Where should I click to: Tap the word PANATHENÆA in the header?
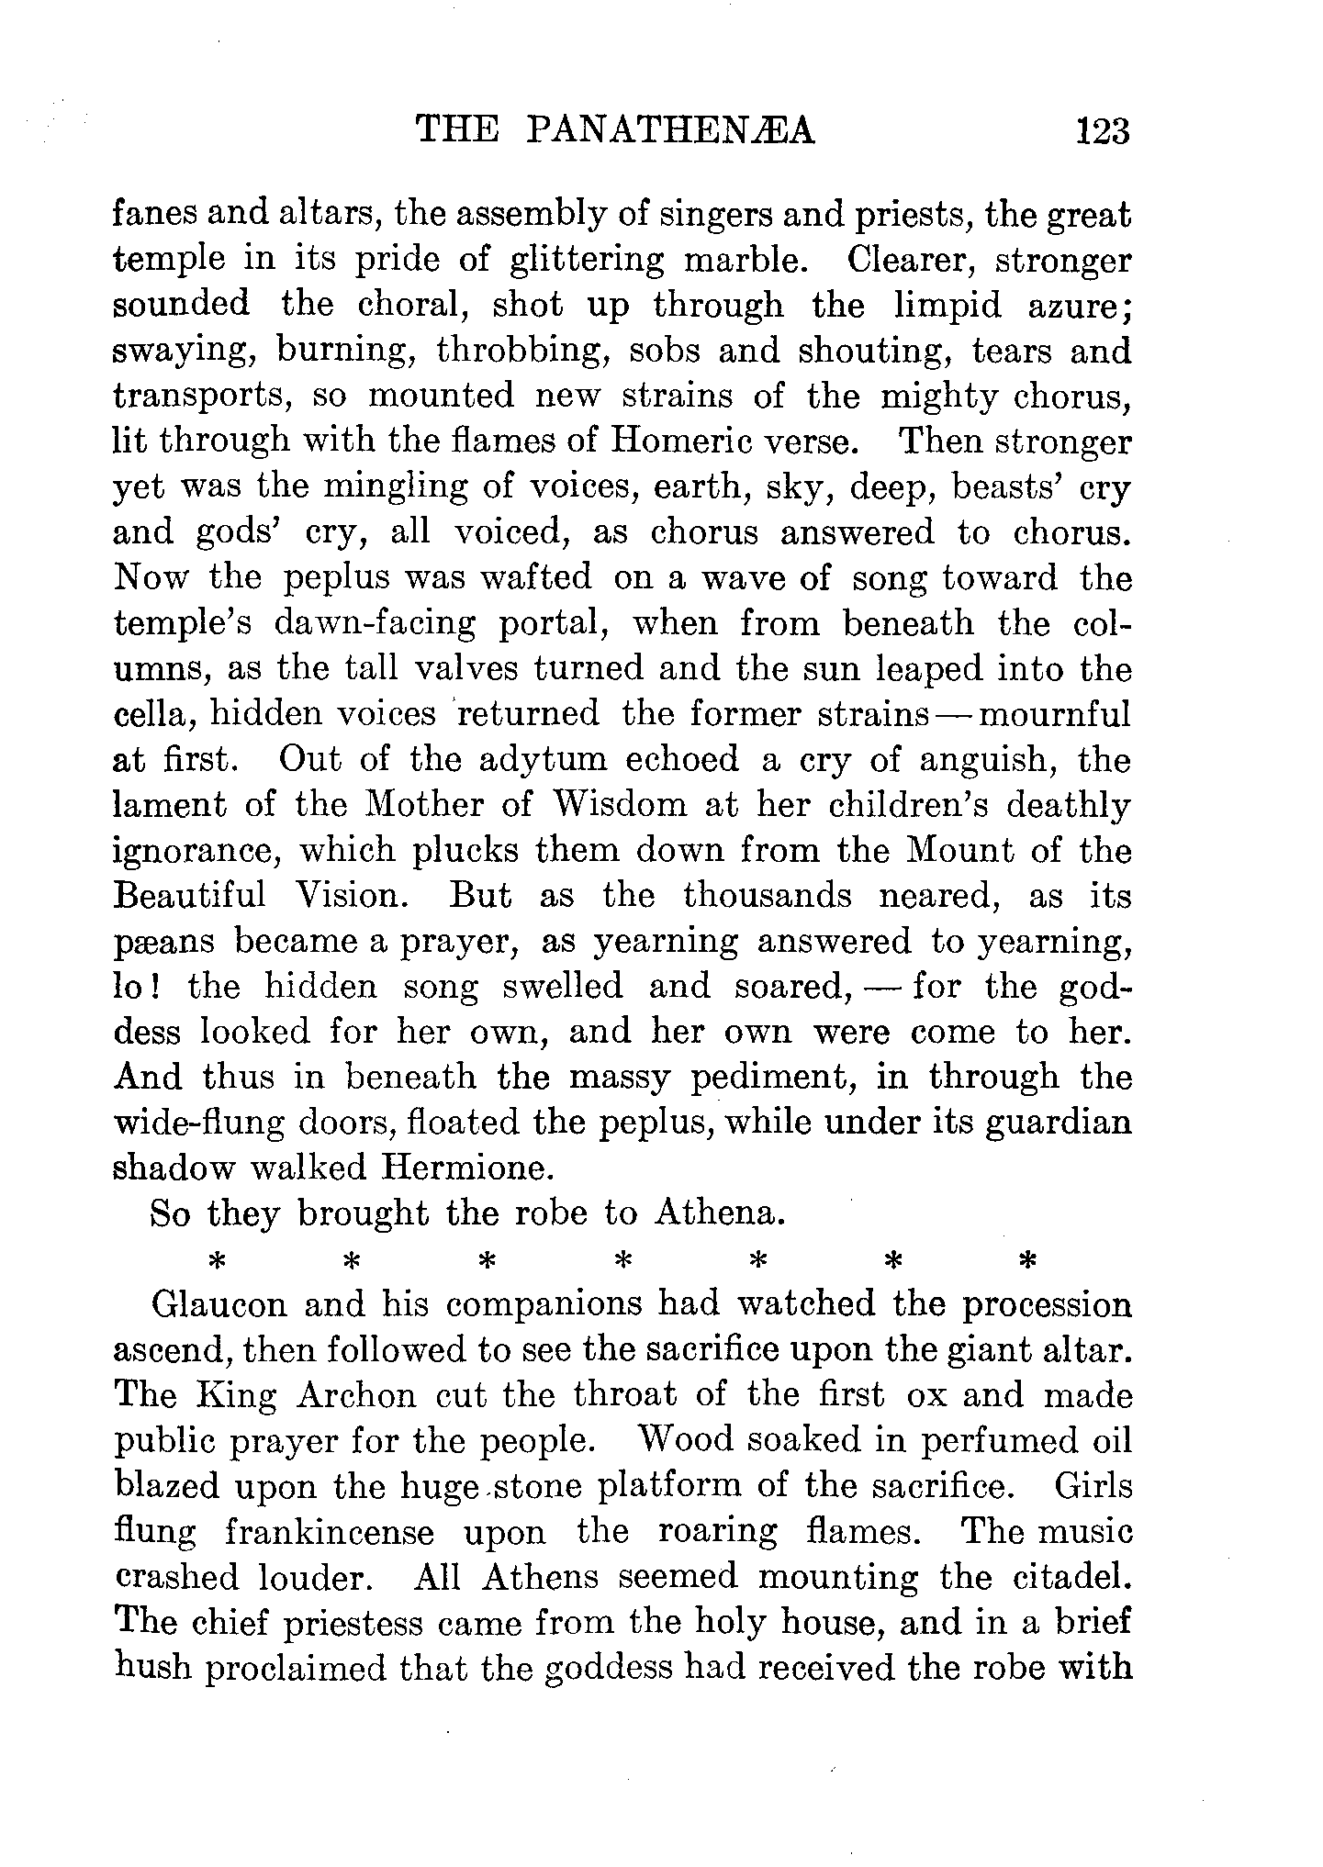pyautogui.click(x=671, y=131)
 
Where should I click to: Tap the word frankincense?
pyautogui.click(x=330, y=1532)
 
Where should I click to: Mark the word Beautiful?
pyautogui.click(x=189, y=895)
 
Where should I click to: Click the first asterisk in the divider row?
pyautogui.click(x=218, y=1260)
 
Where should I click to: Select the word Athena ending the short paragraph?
pyautogui.click(x=719, y=1213)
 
